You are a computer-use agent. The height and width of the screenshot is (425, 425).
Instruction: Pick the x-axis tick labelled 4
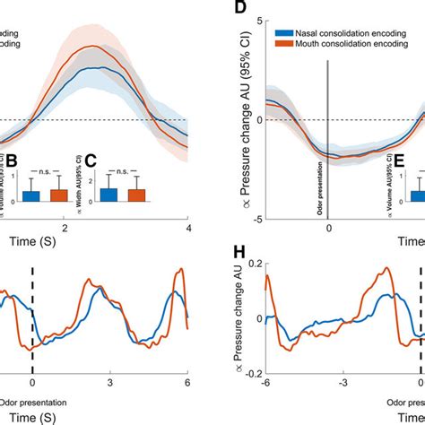click(x=187, y=228)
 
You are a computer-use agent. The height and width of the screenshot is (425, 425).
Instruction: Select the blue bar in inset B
click(x=31, y=197)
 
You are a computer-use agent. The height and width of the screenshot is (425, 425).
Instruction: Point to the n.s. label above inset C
click(x=122, y=169)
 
